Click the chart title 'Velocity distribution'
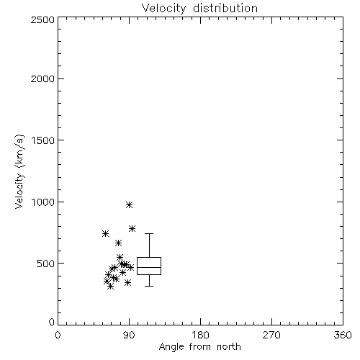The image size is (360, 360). tap(199, 9)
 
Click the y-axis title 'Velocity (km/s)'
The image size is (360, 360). tap(19, 171)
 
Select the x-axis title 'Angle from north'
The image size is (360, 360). tap(199, 347)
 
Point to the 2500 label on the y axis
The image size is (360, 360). tap(42, 19)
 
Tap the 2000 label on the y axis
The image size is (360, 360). tap(42, 79)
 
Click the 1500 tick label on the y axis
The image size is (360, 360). tap(43, 140)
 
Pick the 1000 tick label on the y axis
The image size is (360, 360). tap(43, 202)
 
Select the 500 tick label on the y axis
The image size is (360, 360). tap(46, 264)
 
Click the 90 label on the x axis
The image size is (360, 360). tap(129, 335)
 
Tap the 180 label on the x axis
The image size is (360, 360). tap(200, 335)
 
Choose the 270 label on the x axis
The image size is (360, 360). tap(271, 335)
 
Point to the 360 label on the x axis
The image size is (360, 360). tap(343, 335)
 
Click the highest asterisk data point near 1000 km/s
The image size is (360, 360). tap(130, 204)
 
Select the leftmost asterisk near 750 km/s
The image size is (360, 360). tap(105, 233)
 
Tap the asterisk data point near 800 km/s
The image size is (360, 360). tap(132, 228)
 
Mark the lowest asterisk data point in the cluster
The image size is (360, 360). tap(110, 286)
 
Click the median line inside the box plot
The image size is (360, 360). tap(149, 267)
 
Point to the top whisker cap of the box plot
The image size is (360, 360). tap(149, 233)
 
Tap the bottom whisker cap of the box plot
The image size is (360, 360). tap(149, 286)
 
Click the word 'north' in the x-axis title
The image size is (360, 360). tap(229, 347)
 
